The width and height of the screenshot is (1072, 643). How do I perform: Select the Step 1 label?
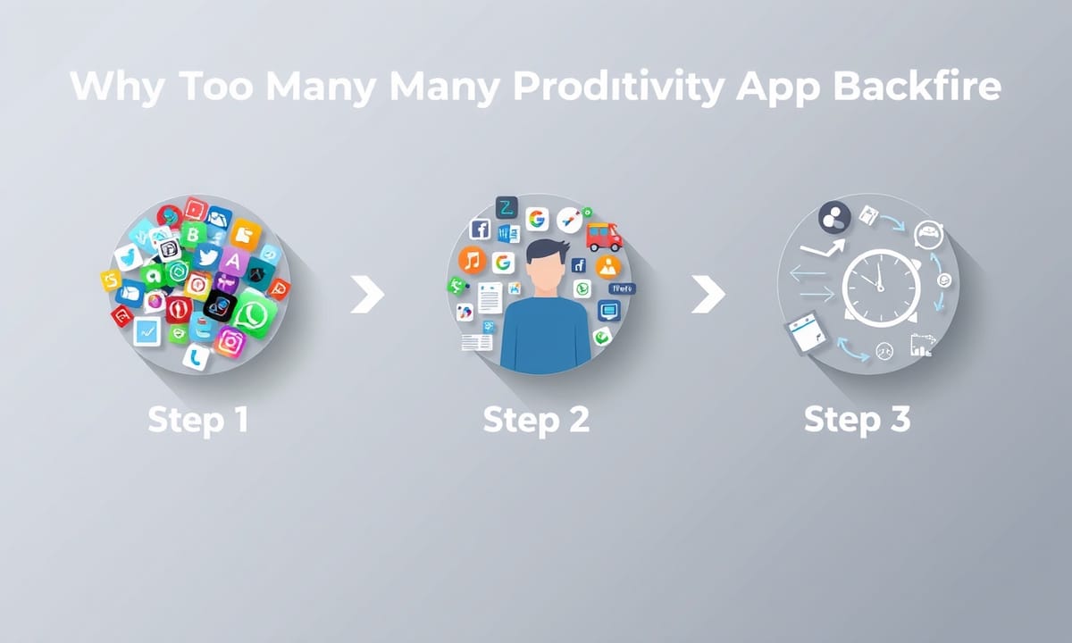click(x=198, y=421)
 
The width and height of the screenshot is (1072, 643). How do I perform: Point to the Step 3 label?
click(x=857, y=421)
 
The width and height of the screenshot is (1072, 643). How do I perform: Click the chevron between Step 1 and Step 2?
click(x=367, y=294)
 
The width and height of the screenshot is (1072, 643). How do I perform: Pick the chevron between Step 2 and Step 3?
click(x=708, y=294)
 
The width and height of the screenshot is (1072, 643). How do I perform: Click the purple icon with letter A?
click(x=233, y=261)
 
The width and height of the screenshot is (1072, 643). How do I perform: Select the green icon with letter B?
click(x=194, y=235)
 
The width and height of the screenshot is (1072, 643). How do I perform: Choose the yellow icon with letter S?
click(x=111, y=280)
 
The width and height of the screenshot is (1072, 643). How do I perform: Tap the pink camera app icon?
click(x=230, y=342)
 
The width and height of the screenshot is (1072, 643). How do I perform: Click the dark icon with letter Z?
click(x=507, y=207)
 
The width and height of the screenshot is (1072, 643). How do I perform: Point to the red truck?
click(x=604, y=237)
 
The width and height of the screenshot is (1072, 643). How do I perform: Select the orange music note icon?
click(x=473, y=261)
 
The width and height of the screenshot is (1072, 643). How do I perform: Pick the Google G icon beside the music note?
click(x=503, y=263)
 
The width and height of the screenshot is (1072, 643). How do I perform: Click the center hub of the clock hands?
click(x=880, y=288)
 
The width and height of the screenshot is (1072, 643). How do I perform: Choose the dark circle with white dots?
click(x=834, y=218)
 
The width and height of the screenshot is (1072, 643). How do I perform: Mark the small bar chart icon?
click(x=922, y=346)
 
